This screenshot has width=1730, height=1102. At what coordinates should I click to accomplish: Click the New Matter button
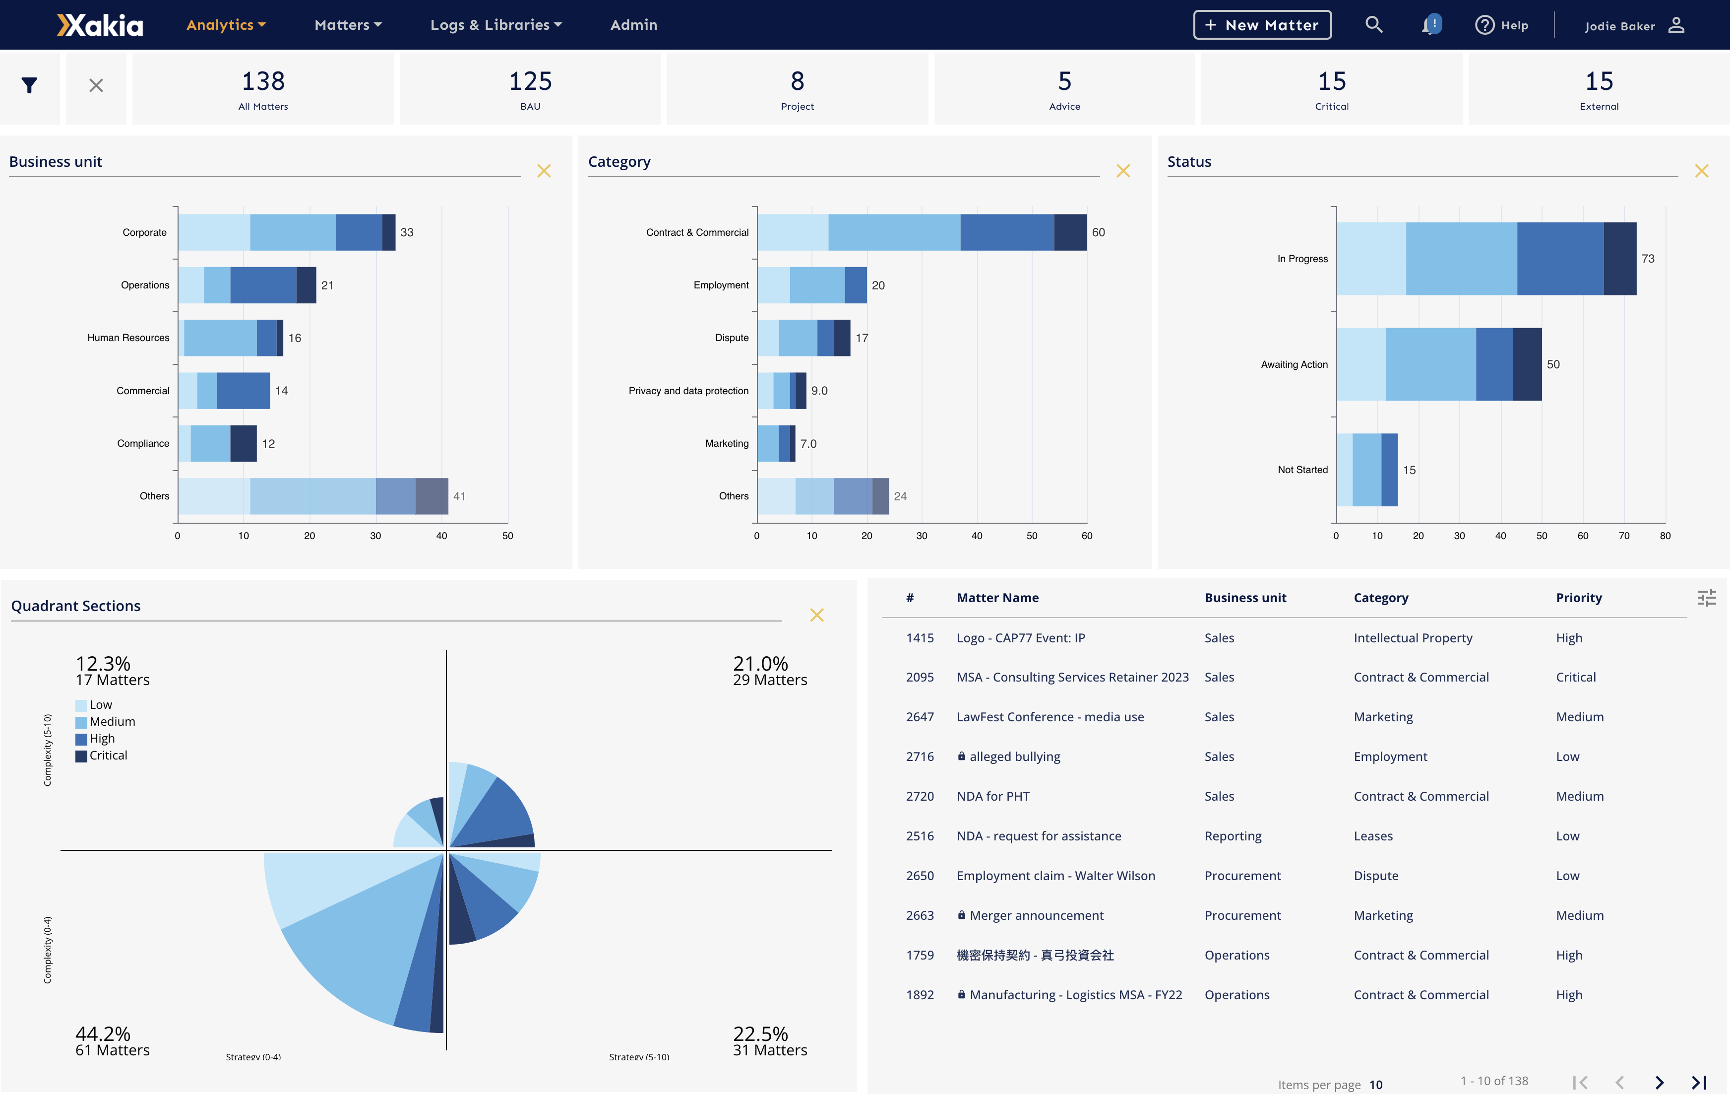[1262, 25]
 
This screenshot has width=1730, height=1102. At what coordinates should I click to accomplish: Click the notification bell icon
[1430, 25]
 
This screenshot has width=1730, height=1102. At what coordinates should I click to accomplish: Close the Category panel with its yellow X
[1122, 171]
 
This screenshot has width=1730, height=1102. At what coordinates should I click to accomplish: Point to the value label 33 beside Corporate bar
[407, 233]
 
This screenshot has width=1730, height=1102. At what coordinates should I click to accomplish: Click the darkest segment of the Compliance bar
[243, 444]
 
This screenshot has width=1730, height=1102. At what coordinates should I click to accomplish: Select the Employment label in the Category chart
[721, 285]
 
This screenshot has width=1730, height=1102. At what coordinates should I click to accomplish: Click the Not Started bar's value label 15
[1409, 470]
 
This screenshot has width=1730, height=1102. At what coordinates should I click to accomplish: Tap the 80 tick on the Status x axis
[1665, 536]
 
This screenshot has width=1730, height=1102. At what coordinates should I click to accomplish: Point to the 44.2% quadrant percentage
[103, 1033]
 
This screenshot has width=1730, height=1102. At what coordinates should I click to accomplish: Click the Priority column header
[1578, 598]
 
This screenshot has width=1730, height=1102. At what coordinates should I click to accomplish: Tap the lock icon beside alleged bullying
[961, 756]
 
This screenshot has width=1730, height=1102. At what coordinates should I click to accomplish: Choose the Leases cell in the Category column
[1372, 836]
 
